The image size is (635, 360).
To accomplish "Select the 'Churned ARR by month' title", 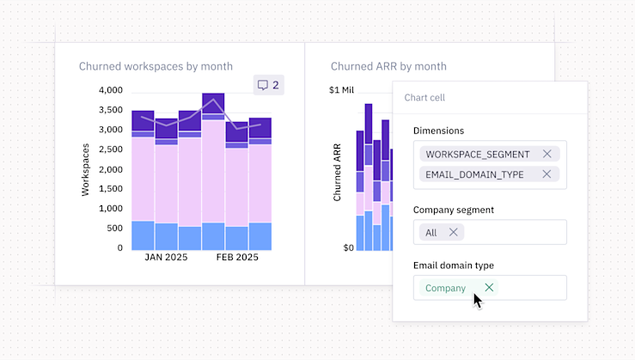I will tap(388, 66).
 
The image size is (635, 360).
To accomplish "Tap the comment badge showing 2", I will tap(268, 85).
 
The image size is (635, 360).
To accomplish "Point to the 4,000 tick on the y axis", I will tap(111, 90).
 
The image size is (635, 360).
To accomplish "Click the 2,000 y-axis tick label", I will tap(111, 169).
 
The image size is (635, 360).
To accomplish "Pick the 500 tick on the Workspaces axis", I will tap(114, 229).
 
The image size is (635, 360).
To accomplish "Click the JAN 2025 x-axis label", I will tap(166, 257).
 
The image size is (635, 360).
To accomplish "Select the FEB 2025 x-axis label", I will tap(236, 257).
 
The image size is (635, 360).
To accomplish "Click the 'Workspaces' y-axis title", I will tap(85, 169).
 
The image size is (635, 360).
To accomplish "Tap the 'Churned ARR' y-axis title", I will tap(337, 172).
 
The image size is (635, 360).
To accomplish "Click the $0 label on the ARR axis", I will tap(348, 247).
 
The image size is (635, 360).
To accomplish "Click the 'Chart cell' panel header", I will tap(424, 98).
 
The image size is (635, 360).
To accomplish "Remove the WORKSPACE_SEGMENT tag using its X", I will tap(547, 154).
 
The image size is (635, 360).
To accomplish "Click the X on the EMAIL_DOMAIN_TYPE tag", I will tap(546, 174).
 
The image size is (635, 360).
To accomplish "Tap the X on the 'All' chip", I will tap(453, 232).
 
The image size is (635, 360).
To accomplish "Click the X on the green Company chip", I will tap(489, 288).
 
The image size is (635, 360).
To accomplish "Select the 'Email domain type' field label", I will tap(453, 265).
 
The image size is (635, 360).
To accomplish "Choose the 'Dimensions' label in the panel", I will tap(438, 131).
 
